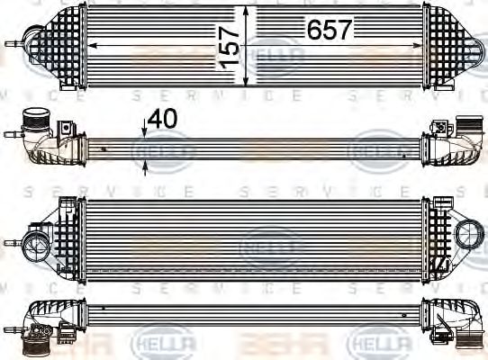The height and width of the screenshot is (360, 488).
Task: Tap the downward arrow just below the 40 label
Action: [x=145, y=130]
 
